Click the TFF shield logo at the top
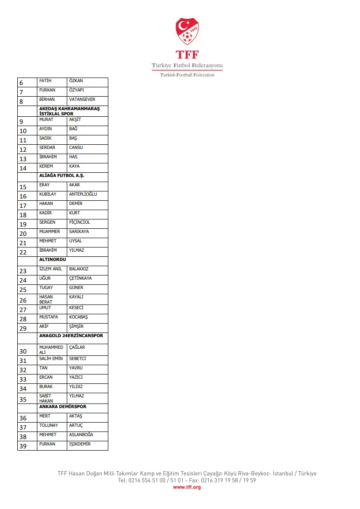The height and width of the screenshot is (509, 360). point(187,32)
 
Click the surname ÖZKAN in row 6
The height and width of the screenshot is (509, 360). point(76,81)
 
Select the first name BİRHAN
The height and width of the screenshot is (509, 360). point(47,99)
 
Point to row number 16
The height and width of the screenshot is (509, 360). point(23,196)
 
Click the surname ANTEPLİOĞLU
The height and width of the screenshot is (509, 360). point(83,194)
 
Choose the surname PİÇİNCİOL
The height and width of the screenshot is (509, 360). point(79,222)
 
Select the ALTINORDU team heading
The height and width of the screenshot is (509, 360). point(53,259)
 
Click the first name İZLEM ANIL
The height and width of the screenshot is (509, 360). point(50,269)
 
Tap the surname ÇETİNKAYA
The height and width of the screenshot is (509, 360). point(80,278)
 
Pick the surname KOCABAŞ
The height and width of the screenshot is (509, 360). point(78,317)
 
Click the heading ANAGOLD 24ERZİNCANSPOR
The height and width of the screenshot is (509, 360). point(71,336)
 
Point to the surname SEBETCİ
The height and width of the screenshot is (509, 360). point(78,359)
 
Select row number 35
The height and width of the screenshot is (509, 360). point(23,399)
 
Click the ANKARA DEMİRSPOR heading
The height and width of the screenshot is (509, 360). point(63,407)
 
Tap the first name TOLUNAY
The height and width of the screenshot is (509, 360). point(49,425)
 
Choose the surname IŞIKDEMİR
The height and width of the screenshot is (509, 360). point(80,444)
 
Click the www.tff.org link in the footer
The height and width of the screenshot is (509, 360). point(187,487)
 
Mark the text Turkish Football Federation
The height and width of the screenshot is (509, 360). point(187,75)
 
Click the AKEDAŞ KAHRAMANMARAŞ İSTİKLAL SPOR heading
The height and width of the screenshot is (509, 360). point(69,111)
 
